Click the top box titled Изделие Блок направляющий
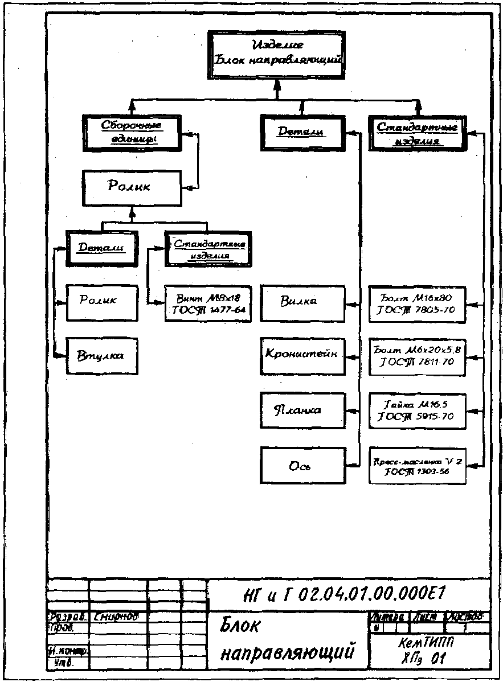pos(276,53)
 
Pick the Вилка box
pos(302,301)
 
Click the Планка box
pos(302,410)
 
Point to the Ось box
pos(302,466)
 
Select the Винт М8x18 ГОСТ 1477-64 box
pos(208,303)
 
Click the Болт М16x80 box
pos(417,303)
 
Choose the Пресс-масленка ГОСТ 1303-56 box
pos(417,466)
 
